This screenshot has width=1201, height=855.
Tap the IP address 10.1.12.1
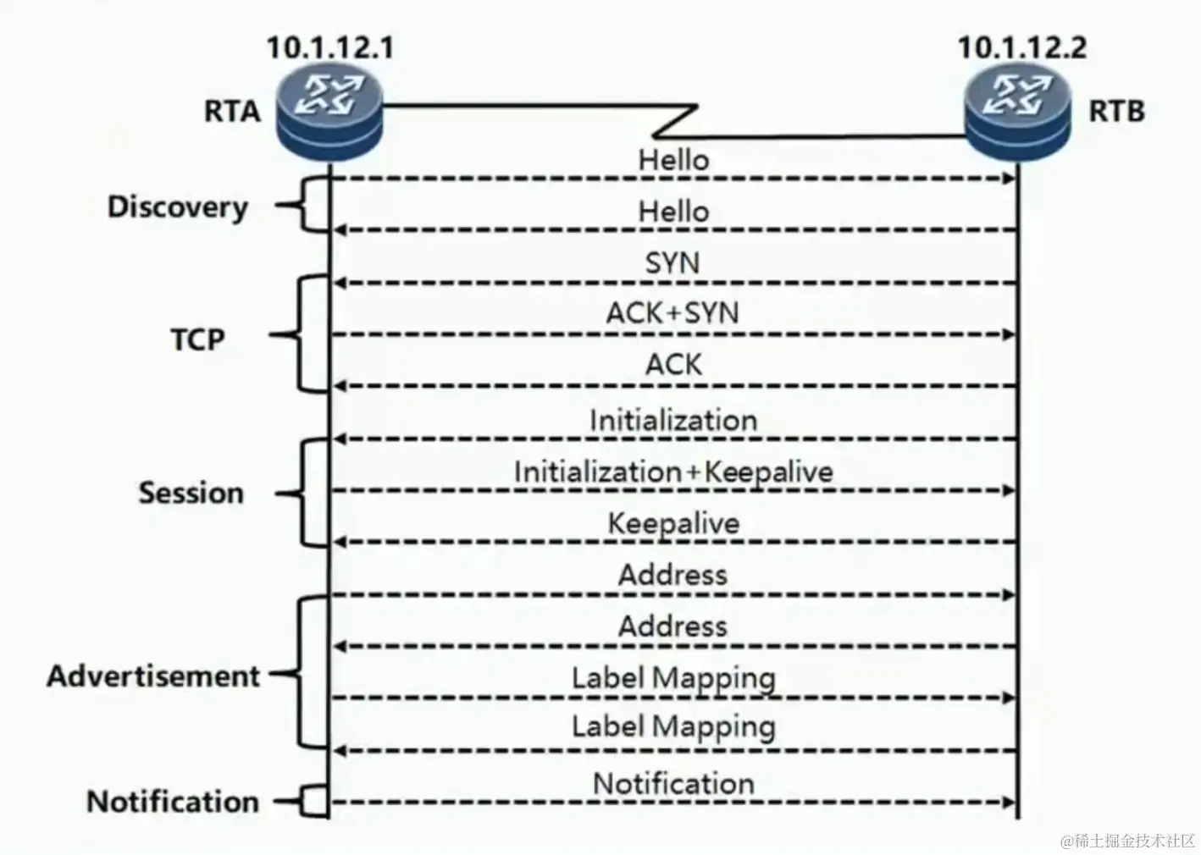[330, 47]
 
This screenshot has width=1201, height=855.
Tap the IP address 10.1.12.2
[1021, 47]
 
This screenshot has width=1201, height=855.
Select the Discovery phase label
[178, 207]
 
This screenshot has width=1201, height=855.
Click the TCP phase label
[198, 339]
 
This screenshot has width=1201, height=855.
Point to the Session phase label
[191, 493]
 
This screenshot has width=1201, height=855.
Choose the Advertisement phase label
[153, 676]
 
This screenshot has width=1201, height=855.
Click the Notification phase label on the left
[173, 801]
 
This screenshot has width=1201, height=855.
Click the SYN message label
[672, 263]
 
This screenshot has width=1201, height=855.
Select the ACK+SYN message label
[672, 313]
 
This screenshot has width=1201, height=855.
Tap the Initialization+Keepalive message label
[673, 472]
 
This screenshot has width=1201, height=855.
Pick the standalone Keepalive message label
[673, 523]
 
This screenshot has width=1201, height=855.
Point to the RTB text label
[1116, 111]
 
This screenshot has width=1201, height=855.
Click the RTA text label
[231, 111]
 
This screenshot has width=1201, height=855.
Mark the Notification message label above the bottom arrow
[673, 783]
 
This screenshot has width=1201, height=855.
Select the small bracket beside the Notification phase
[314, 801]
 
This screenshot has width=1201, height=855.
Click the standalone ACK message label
[673, 365]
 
